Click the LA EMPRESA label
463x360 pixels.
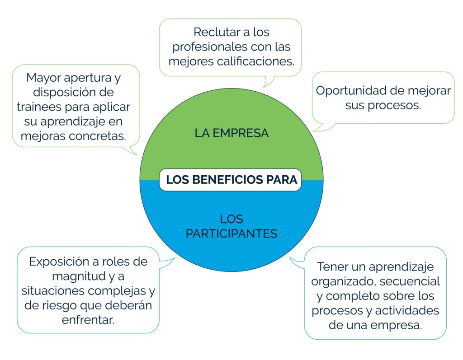click(231, 133)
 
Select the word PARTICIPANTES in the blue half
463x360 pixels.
click(231, 234)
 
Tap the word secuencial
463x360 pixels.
click(410, 281)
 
